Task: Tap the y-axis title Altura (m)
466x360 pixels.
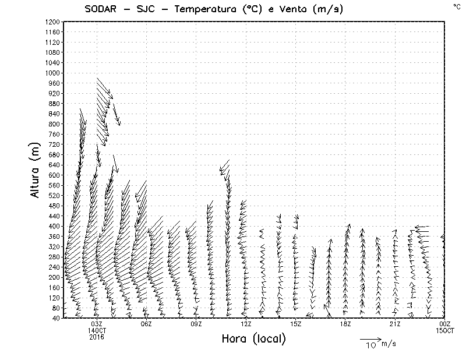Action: point(36,170)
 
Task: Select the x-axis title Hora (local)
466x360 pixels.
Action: point(254,339)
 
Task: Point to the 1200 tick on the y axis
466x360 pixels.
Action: point(52,22)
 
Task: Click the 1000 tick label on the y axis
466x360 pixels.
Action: point(52,73)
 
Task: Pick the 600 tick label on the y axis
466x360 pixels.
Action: point(54,175)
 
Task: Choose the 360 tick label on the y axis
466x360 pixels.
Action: point(54,236)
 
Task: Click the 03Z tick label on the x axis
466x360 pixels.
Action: point(97,324)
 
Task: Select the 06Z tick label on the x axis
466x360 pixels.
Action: point(147,324)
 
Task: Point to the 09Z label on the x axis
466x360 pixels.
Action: point(196,324)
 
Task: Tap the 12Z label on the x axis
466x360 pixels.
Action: point(246,324)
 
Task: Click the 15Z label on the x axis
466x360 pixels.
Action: point(295,324)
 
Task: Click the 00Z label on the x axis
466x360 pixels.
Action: point(445,324)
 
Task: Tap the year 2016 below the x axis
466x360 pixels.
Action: point(97,337)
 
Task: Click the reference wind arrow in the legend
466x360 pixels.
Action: point(370,338)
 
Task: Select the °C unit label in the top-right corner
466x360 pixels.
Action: point(457,6)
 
